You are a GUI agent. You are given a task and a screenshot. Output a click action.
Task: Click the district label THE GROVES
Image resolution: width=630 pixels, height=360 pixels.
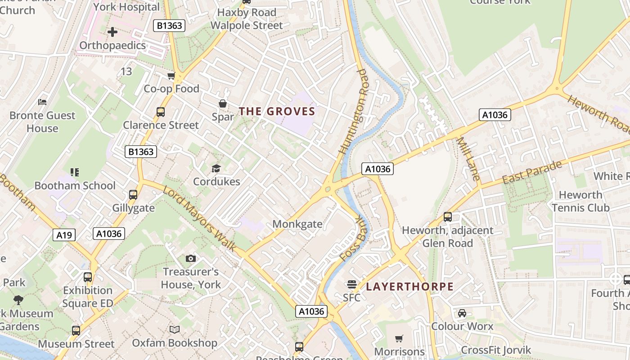276,111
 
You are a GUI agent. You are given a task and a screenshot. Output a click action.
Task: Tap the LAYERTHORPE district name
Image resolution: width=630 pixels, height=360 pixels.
409,287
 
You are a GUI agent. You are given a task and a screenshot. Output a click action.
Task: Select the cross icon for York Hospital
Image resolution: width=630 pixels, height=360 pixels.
112,32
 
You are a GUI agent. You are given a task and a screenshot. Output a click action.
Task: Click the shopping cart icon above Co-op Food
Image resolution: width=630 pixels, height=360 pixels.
171,76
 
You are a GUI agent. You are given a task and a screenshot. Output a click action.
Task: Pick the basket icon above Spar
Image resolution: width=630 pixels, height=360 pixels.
222,103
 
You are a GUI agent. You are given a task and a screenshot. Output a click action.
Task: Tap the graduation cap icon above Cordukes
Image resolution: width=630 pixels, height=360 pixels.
216,168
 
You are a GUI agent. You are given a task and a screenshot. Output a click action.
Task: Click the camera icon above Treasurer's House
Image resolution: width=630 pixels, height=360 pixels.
191,258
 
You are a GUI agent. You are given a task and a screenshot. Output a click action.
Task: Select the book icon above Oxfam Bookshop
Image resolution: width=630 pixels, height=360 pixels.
175,329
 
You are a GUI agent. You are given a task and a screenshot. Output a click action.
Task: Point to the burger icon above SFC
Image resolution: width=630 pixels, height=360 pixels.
351,284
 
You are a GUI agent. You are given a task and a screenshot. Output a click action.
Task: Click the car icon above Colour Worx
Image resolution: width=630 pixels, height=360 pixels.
462,313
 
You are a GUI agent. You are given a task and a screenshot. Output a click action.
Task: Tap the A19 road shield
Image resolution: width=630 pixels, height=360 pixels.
64,234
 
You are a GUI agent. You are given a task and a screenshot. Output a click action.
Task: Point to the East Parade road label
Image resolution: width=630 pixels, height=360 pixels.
532,172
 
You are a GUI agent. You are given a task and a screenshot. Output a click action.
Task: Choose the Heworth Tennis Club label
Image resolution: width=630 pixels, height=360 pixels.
580,201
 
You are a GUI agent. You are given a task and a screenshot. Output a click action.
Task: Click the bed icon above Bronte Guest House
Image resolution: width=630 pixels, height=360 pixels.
42,102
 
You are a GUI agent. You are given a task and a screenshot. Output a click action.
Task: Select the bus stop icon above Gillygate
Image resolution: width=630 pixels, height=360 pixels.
133,194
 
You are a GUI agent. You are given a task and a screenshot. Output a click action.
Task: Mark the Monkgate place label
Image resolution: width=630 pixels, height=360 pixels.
297,224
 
